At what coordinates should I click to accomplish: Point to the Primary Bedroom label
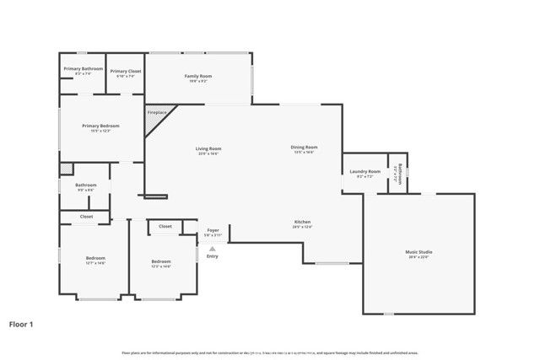point(100,127)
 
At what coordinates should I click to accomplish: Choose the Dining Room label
point(305,149)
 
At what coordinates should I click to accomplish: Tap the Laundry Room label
point(364,173)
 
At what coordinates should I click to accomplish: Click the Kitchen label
point(303,224)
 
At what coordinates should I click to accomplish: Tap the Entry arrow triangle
point(212,248)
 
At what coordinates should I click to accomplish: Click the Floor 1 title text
point(22,323)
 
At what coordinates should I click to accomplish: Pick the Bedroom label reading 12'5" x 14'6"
point(160,264)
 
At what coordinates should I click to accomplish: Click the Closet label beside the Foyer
point(165,226)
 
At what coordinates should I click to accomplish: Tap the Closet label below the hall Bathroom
point(86,217)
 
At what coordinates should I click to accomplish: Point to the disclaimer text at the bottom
point(269,352)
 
